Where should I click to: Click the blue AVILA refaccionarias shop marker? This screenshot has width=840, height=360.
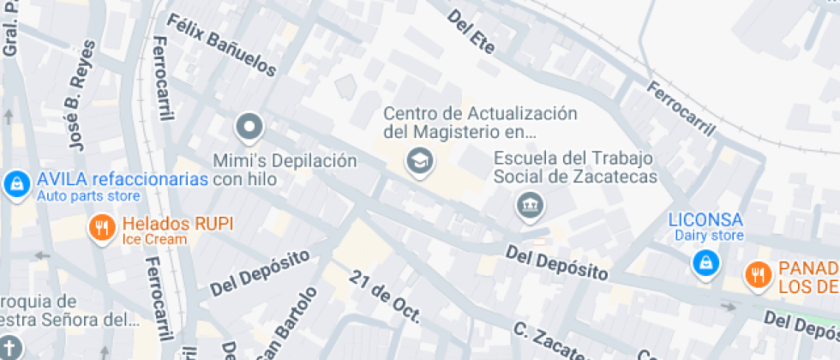pos(15,183)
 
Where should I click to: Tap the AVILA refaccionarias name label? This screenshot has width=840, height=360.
pos(123,180)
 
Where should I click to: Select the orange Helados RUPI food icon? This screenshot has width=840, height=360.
pos(103,227)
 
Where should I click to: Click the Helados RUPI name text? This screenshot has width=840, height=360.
pos(177,224)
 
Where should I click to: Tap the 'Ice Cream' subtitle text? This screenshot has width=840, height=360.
pos(154,239)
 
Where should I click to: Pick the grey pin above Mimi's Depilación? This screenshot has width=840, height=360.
pos(249,128)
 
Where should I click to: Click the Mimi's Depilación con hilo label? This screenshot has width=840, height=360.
pos(284,169)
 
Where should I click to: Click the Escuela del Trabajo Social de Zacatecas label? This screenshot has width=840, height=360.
pos(574,167)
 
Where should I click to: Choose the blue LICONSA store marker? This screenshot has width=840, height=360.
pos(705,261)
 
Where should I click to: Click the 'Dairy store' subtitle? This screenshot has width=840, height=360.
pos(709,236)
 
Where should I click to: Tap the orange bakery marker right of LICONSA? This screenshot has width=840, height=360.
pos(758,274)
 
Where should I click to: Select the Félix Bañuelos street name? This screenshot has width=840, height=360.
pos(221,45)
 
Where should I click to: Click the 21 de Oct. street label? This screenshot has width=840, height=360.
pos(385,297)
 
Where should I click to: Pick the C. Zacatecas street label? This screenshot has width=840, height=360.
pos(549,341)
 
